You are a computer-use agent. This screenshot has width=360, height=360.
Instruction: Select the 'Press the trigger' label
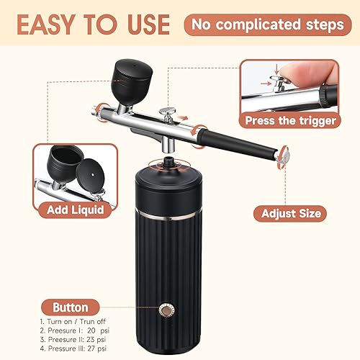tap(290, 120)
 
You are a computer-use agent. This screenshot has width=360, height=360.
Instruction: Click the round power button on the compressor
tap(168, 311)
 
